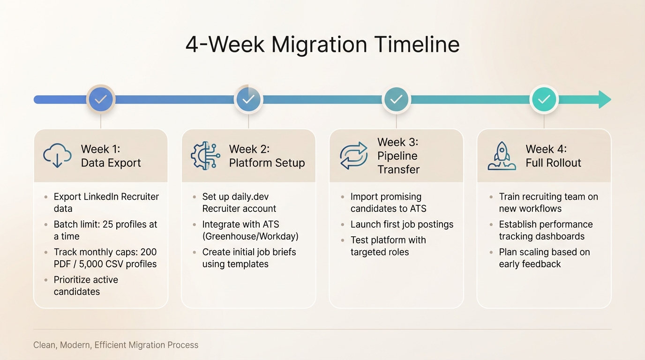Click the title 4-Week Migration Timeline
322,45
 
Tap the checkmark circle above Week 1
101,99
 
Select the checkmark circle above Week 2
248,99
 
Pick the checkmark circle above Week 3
396,99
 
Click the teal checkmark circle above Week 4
544,99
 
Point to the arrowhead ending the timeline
605,99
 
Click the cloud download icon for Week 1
57,156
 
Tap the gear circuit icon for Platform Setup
205,156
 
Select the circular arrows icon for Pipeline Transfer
353,156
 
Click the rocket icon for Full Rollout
502,156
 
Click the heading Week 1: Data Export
111,156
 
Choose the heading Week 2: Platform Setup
267,156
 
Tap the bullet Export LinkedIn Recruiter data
106,202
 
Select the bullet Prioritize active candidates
85,285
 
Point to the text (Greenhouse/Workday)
250,236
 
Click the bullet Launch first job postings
402,224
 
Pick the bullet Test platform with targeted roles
388,246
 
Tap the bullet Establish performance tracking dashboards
545,230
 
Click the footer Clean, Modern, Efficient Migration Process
116,345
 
